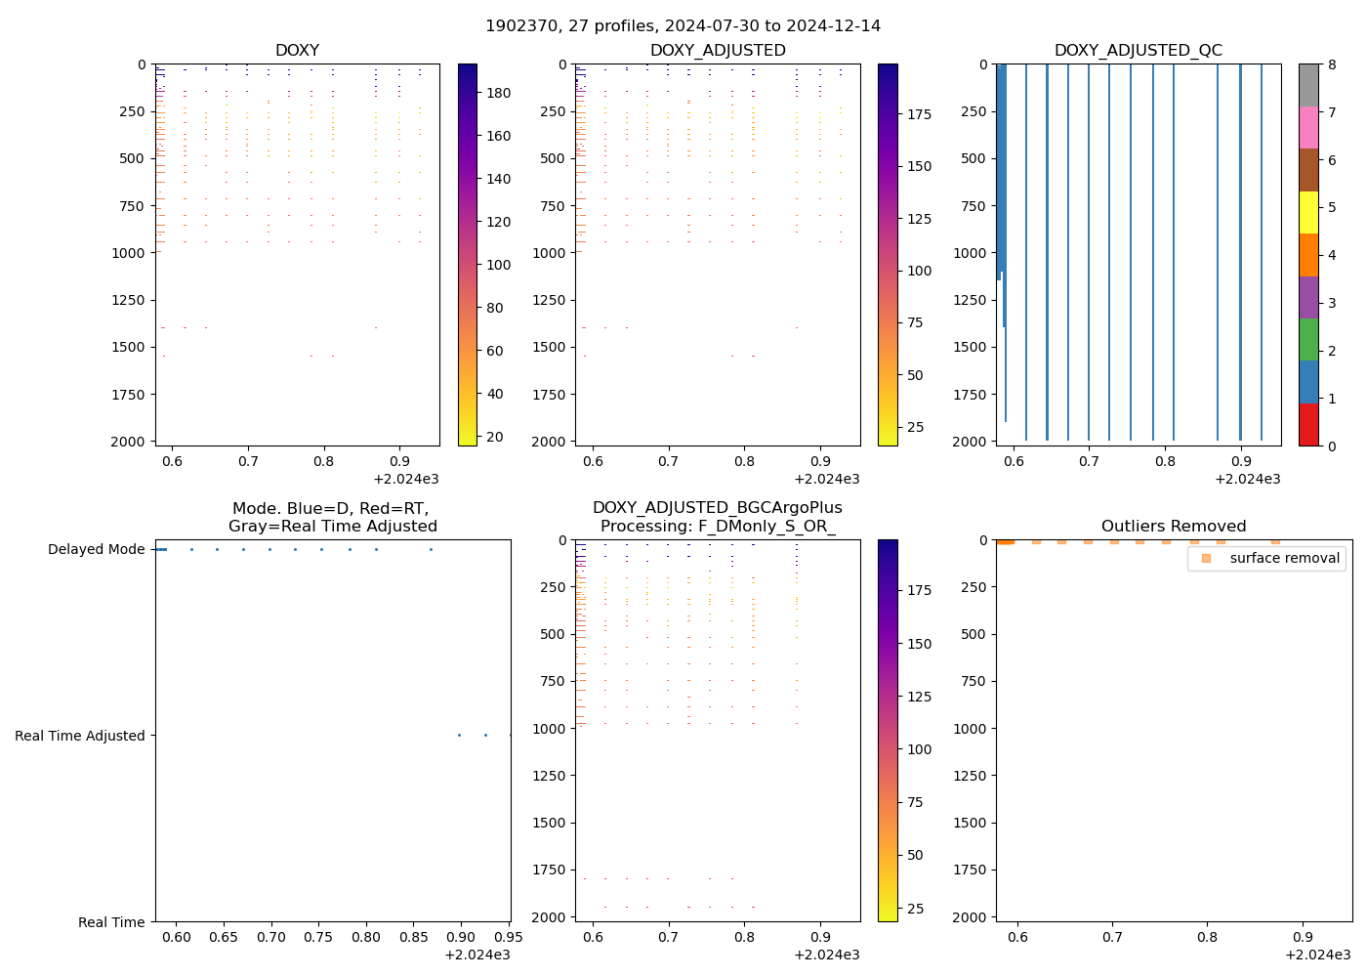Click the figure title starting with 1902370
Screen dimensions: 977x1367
tap(683, 25)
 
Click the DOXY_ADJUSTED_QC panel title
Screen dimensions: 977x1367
tap(1138, 50)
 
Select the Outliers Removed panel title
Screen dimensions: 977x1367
tap(1173, 526)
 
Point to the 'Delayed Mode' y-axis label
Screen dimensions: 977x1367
tap(96, 549)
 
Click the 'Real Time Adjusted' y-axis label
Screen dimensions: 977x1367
tap(79, 736)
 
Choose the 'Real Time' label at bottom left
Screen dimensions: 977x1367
tap(111, 922)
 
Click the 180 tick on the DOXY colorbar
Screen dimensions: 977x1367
tap(499, 93)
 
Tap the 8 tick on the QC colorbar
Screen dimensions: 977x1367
tap(1331, 64)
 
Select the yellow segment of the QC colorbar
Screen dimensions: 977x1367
tap(1308, 212)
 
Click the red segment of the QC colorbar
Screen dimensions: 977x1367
tap(1308, 424)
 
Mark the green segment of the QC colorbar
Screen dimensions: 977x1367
tap(1308, 339)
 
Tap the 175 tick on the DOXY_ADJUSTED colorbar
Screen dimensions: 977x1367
tap(919, 114)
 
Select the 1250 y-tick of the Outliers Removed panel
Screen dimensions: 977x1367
tap(972, 776)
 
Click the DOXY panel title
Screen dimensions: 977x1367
tap(297, 50)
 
